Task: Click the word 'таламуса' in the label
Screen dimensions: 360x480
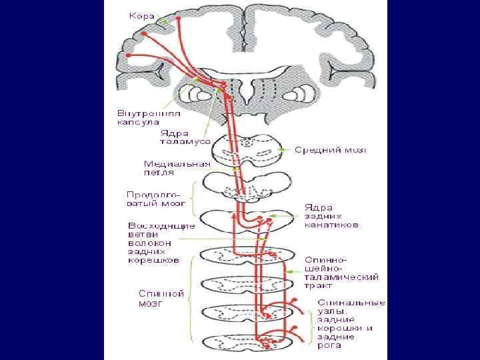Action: pos(185,141)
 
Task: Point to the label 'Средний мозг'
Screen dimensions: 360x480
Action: pos(331,151)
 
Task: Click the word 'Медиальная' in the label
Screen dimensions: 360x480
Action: pos(177,163)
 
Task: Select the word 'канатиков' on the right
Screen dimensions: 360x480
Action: pos(332,225)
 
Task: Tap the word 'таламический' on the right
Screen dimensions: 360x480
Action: pos(342,275)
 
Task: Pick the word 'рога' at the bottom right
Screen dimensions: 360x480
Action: pos(329,345)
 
